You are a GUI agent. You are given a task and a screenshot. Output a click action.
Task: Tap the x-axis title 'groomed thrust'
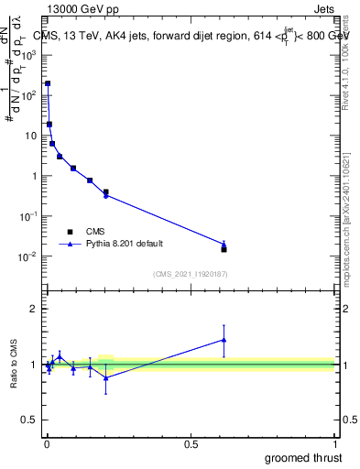(302, 456)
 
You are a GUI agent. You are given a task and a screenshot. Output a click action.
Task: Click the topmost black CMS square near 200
(48, 83)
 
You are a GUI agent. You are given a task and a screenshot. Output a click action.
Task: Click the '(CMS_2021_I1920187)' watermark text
(191, 273)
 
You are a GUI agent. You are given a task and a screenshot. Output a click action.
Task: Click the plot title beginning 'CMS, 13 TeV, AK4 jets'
(192, 35)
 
